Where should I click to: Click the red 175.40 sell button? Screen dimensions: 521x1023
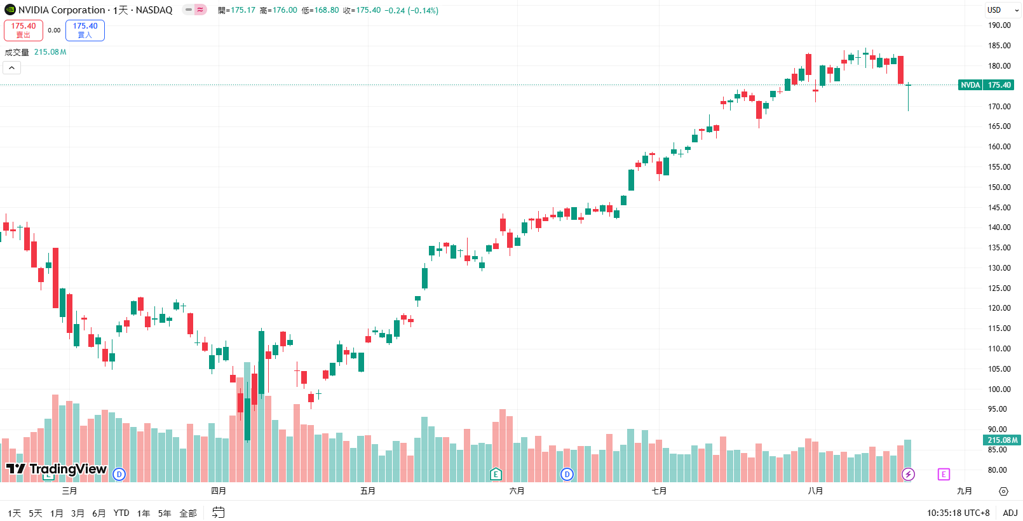[24, 30]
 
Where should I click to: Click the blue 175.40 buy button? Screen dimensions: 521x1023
[85, 30]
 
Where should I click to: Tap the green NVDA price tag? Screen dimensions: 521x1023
[970, 85]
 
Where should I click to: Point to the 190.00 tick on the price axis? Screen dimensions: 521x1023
[999, 25]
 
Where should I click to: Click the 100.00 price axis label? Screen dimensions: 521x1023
[999, 389]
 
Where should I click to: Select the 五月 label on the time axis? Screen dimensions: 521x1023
[368, 491]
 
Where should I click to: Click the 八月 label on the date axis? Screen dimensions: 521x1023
[815, 491]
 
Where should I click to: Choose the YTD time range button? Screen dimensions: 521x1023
[121, 513]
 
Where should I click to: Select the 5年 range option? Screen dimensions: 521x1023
[165, 513]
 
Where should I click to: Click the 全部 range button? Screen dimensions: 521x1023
[188, 513]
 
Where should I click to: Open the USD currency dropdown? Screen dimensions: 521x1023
[1003, 10]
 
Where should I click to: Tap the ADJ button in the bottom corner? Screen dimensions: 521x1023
[1010, 513]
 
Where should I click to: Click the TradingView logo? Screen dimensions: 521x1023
[57, 470]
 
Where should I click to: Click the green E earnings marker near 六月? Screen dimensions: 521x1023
[496, 474]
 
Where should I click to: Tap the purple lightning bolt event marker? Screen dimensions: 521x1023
[909, 474]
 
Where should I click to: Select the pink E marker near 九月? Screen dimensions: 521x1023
[944, 474]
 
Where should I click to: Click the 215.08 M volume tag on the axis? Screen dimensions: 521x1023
[1003, 440]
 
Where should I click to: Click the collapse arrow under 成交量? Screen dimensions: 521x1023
[12, 68]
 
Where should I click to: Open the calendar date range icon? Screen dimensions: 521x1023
[219, 513]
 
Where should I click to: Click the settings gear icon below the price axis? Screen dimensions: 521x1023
[1003, 491]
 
